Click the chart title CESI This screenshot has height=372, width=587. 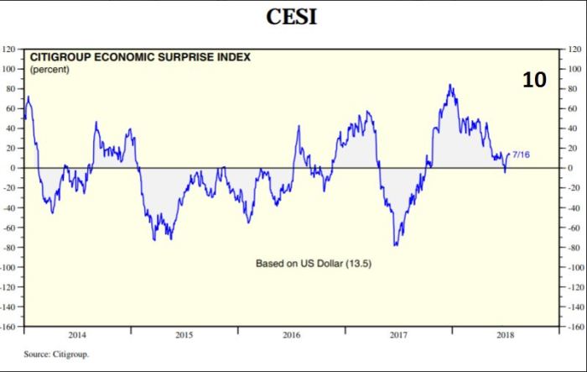(x=292, y=17)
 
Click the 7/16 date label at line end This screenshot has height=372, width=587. (x=521, y=155)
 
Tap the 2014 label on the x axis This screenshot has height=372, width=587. (x=77, y=334)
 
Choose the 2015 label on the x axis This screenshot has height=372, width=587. (x=184, y=334)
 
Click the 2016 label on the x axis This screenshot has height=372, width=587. (x=291, y=334)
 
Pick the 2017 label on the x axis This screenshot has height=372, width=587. (x=398, y=334)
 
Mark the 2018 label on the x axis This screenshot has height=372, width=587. (x=505, y=334)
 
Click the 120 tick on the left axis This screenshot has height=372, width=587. (x=10, y=50)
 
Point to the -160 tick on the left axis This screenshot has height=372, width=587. (x=9, y=326)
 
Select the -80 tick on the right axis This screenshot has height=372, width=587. (x=575, y=247)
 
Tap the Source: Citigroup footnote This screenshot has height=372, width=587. (x=56, y=354)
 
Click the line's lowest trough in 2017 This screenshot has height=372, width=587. (x=394, y=245)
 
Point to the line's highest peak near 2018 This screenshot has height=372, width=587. (x=450, y=84)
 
